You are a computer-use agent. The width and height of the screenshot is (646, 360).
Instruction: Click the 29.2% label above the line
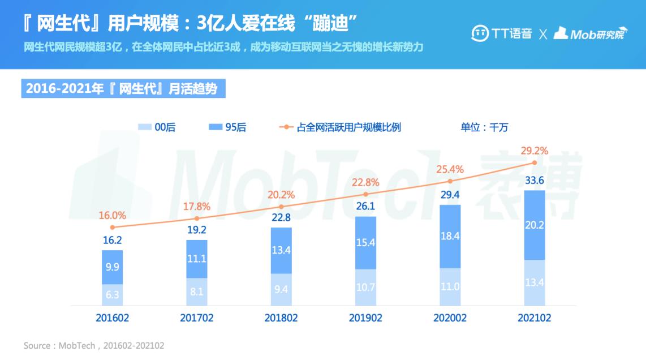point(534,151)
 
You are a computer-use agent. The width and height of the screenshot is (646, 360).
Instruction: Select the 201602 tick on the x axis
point(112,318)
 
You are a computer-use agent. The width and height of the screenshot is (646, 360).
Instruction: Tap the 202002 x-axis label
point(450,318)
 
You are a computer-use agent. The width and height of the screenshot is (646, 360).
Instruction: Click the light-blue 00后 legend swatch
point(145,127)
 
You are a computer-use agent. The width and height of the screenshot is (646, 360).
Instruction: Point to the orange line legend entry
point(340,127)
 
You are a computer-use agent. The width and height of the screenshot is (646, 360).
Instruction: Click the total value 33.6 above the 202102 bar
point(534,181)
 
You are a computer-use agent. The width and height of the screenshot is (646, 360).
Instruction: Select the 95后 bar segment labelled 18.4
point(450,236)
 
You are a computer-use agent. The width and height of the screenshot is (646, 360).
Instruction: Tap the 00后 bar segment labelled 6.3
point(112,295)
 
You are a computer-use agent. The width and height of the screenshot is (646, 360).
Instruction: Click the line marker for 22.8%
point(365,194)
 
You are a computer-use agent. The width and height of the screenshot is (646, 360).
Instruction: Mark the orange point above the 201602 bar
point(112,227)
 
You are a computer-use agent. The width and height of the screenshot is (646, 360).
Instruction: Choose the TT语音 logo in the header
point(501,33)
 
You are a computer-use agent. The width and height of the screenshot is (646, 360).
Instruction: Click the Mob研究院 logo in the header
point(591,33)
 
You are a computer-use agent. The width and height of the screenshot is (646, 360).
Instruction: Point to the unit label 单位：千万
point(484,127)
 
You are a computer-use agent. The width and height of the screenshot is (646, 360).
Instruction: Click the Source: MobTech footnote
point(93,345)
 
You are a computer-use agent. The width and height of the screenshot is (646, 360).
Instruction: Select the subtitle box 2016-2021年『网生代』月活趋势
point(123,89)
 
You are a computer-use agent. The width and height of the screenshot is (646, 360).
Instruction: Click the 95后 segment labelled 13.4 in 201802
point(281,250)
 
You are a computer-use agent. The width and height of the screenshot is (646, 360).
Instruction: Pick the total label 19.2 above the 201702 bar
point(196,230)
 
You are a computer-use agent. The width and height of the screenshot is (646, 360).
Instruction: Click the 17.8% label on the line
point(196,207)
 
